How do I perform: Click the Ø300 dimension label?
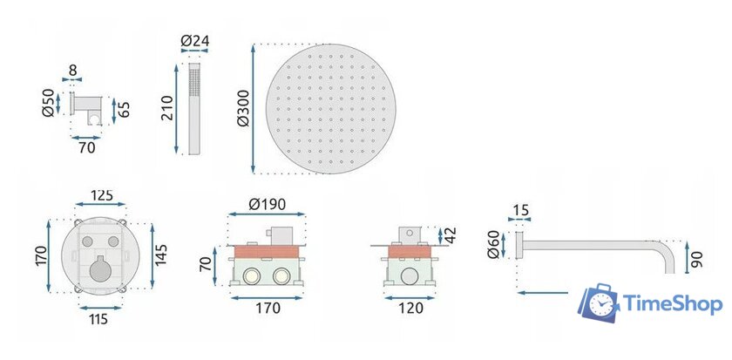pyautogui.click(x=243, y=108)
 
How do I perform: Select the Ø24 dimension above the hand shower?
pyautogui.click(x=194, y=41)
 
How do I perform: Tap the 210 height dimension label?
pyautogui.click(x=166, y=108)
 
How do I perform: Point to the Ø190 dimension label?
pyautogui.click(x=267, y=204)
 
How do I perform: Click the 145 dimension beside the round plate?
pyautogui.click(x=160, y=255)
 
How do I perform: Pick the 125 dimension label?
pyautogui.click(x=101, y=195)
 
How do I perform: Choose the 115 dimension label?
pyautogui.click(x=98, y=319)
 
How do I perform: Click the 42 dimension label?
pyautogui.click(x=451, y=234)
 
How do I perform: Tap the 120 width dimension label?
pyautogui.click(x=411, y=309)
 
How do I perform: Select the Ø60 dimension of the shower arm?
pyautogui.click(x=493, y=244)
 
